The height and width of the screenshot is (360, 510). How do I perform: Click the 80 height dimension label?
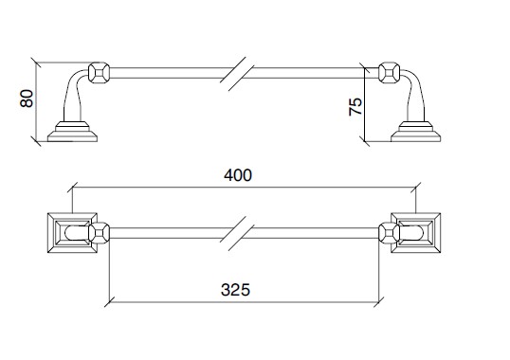[x=27, y=99]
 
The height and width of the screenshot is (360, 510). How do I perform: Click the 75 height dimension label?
[x=355, y=106]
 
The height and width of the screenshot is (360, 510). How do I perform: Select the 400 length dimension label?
[x=238, y=175]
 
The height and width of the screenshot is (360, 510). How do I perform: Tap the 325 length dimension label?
[x=235, y=290]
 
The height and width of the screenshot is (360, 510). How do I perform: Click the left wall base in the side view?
[x=72, y=132]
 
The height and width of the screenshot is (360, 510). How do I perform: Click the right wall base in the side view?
[x=415, y=132]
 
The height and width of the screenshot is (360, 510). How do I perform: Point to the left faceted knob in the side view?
[x=99, y=73]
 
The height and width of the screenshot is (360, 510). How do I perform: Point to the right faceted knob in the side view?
[x=390, y=73]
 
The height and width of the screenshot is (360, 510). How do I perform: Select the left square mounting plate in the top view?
[x=72, y=233]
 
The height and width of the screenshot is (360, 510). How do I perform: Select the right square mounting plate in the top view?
[x=415, y=233]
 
